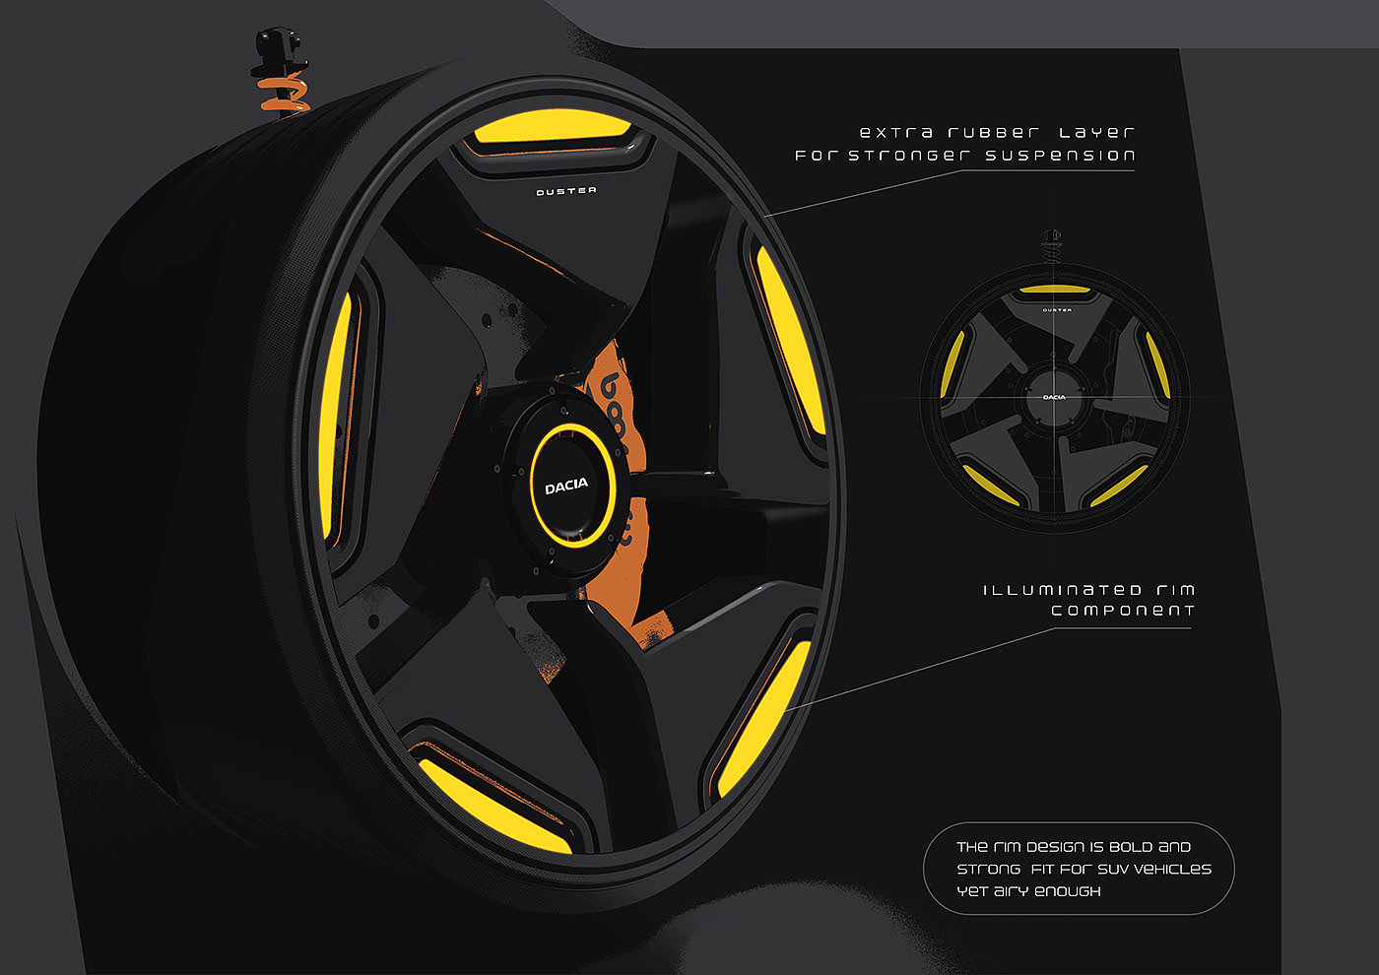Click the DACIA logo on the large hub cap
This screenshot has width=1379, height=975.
click(566, 485)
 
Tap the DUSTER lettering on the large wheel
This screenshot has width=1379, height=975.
click(566, 191)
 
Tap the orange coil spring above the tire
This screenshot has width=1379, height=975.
click(283, 96)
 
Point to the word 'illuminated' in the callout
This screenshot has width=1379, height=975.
click(1048, 590)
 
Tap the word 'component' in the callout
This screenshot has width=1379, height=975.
click(1122, 611)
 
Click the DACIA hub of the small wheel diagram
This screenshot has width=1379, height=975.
click(1055, 397)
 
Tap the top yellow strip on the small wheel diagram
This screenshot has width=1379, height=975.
click(1055, 291)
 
